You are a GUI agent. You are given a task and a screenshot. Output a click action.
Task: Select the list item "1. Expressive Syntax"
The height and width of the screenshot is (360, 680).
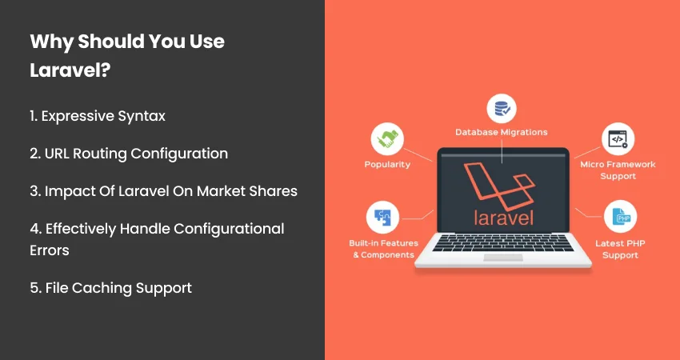(x=98, y=116)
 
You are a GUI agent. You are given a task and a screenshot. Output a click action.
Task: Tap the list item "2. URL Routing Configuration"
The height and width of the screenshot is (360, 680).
(x=129, y=154)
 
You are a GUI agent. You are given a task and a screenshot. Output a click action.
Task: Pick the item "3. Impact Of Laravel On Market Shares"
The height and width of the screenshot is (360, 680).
(x=163, y=191)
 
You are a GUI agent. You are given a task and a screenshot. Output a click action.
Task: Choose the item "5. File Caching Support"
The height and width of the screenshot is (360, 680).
(x=110, y=288)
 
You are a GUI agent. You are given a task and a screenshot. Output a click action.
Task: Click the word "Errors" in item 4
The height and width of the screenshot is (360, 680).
(x=50, y=250)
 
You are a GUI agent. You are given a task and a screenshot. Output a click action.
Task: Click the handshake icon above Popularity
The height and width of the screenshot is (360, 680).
(x=386, y=138)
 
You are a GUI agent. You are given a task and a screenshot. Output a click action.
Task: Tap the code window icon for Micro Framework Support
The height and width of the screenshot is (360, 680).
(x=617, y=138)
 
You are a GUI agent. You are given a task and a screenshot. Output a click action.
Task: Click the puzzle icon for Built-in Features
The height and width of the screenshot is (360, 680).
(x=382, y=217)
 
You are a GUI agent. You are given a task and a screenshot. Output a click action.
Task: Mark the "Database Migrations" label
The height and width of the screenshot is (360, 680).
(x=502, y=132)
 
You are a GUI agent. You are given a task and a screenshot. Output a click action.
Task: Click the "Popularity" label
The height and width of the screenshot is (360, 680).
(x=386, y=164)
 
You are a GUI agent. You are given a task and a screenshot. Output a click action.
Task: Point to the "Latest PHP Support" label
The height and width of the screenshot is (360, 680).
(x=617, y=249)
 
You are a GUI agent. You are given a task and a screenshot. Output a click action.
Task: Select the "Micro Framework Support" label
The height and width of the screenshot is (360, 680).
(x=617, y=170)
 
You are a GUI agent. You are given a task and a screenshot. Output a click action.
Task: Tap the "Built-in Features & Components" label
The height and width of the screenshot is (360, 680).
(x=382, y=248)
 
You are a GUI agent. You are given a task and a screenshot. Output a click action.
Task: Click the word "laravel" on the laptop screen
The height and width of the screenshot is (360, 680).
(x=502, y=217)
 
